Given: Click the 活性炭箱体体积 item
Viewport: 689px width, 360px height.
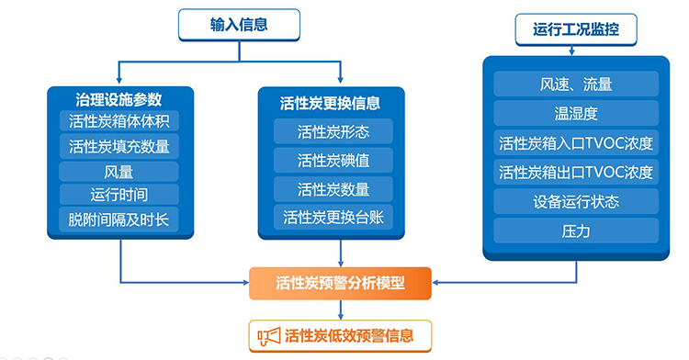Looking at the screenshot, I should (119, 122).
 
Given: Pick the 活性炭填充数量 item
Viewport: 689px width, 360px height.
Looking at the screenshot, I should (119, 146).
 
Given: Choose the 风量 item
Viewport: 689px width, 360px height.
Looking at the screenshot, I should (119, 171).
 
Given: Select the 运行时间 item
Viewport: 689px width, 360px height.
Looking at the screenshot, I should (119, 195).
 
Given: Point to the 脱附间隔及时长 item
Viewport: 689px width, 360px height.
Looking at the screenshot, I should (119, 219).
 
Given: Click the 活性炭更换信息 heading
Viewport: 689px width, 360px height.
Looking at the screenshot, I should (330, 103).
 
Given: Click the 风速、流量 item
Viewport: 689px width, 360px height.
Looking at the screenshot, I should (576, 84).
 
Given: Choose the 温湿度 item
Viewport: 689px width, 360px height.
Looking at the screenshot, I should (576, 114).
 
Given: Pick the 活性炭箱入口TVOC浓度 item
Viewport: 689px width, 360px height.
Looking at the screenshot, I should (576, 143).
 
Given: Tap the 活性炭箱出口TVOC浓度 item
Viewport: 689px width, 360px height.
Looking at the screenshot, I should (576, 172).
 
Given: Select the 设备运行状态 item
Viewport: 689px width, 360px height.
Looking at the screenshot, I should (576, 201).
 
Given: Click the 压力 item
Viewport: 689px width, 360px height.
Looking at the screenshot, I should (576, 231).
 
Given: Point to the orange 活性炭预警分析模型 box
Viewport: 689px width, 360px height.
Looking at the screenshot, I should (340, 282).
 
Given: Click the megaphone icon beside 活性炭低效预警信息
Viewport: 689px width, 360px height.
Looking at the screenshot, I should (267, 336).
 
